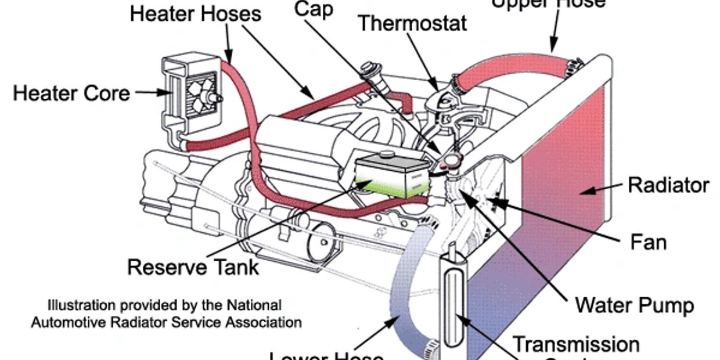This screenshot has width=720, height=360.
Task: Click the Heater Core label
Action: click(x=71, y=93)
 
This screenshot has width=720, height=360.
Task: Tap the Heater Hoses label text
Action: click(x=195, y=13)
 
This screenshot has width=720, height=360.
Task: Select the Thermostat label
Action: click(x=412, y=23)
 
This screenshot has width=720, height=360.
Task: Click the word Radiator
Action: click(x=668, y=185)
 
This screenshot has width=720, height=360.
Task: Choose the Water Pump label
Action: click(x=634, y=304)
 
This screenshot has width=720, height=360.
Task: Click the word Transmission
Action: click(x=575, y=344)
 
